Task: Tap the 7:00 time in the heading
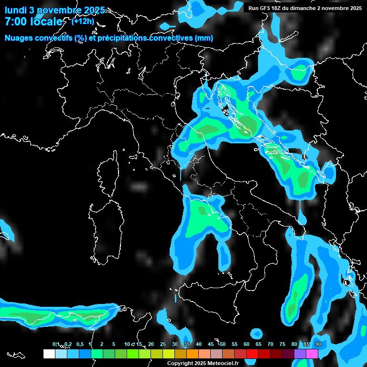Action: (x=15, y=22)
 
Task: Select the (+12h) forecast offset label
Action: (x=83, y=21)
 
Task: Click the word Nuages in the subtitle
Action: (x=19, y=38)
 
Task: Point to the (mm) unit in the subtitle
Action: (x=204, y=38)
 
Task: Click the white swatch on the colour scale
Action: (x=49, y=354)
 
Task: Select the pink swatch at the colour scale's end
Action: (x=312, y=354)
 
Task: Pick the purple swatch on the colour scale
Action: (x=300, y=354)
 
